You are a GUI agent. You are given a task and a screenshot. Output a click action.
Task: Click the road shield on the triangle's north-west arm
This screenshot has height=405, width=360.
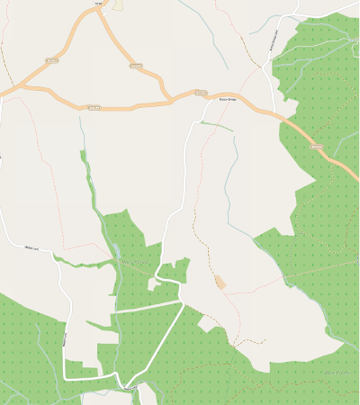(51, 61)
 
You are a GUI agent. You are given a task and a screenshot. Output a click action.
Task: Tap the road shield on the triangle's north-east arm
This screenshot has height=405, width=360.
(136, 66)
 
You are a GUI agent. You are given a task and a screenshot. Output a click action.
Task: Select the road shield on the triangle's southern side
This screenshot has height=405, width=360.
(94, 107)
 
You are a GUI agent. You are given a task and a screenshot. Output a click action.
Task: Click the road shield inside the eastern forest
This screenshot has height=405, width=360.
(316, 145)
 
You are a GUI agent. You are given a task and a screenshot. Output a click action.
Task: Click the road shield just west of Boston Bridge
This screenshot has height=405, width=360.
(201, 93)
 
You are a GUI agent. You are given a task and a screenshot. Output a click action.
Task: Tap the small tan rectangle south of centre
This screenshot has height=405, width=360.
(220, 282)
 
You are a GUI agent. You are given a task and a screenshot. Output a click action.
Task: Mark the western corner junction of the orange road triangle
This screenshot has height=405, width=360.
(18, 87)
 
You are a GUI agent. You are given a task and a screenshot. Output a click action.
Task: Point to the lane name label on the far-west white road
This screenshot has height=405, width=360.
(32, 247)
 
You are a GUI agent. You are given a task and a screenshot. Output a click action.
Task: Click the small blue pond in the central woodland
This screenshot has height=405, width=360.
(118, 253)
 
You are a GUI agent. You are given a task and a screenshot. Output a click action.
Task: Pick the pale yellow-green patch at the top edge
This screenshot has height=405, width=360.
(118, 4)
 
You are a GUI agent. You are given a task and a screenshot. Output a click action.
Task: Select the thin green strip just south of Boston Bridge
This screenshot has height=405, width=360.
(216, 127)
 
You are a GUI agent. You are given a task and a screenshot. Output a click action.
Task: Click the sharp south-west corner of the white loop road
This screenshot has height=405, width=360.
(65, 378)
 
